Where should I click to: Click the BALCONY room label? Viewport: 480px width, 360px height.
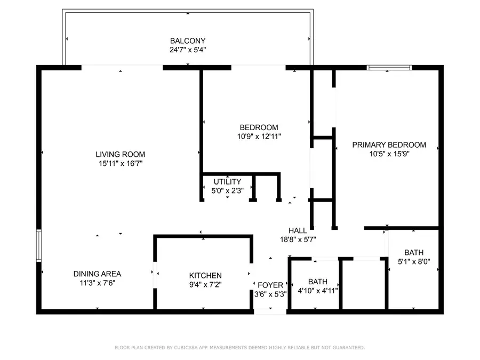coord(187,41)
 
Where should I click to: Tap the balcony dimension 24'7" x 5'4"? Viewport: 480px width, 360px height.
coord(187,50)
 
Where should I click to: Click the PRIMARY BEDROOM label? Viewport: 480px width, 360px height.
coord(389,145)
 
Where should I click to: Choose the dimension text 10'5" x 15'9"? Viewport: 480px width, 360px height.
coord(389,154)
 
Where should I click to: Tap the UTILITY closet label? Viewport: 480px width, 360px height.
coord(227,182)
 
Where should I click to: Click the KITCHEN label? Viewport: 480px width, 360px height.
coord(205,275)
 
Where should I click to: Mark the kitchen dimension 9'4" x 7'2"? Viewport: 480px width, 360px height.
coord(205,285)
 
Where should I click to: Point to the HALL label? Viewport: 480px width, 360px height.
coord(298,230)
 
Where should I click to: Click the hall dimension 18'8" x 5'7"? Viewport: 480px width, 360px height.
coord(298,239)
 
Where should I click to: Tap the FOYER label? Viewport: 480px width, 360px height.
coord(270,285)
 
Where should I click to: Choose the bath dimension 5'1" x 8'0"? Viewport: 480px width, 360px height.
coord(414,262)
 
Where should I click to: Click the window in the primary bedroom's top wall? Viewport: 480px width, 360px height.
coord(389,68)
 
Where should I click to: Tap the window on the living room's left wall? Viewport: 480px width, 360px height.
coord(38,245)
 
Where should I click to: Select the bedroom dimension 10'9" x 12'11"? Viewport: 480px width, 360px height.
coord(259,137)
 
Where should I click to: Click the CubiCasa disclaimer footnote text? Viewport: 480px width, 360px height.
coord(240,348)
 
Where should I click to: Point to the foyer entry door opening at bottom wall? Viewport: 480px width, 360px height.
coord(270,311)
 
